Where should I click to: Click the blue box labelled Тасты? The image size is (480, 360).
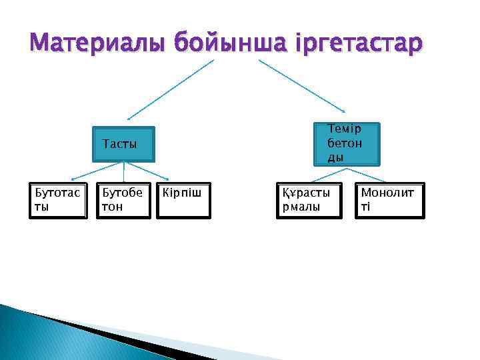(123, 145)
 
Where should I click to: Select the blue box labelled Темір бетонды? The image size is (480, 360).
(346, 143)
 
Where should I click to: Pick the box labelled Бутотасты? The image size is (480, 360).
(58, 200)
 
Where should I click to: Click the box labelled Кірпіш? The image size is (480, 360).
(183, 200)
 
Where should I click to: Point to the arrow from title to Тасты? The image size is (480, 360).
(171, 89)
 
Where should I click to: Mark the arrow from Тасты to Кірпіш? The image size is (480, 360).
(161, 172)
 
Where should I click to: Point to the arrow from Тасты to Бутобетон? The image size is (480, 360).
(123, 172)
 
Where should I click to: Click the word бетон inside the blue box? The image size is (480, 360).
(344, 143)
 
